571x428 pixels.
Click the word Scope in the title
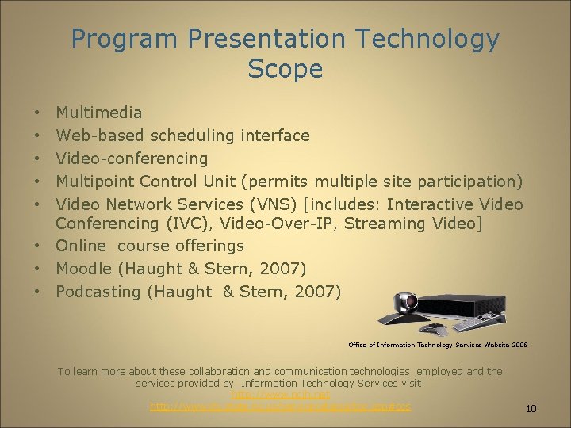point(285,69)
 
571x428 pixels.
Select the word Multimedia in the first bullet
point(99,113)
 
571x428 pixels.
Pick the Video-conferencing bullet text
point(132,159)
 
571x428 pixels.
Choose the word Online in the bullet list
point(82,246)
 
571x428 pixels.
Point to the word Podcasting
point(98,292)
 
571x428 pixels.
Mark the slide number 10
point(531,409)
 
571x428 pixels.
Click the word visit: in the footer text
point(409,383)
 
